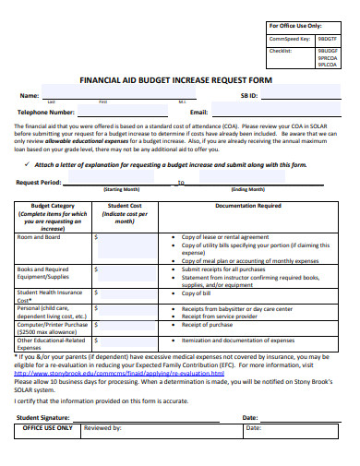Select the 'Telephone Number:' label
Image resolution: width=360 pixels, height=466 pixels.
click(x=46, y=112)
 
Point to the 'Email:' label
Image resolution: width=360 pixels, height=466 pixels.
click(x=198, y=112)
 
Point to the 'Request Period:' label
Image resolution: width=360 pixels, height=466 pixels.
click(x=39, y=183)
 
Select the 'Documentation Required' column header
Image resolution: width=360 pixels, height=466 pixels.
click(x=248, y=207)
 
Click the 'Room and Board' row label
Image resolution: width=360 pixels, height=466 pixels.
click(x=39, y=237)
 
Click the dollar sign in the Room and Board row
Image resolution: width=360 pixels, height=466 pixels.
click(x=97, y=237)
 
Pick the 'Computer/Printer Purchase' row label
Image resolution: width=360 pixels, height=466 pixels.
click(x=53, y=325)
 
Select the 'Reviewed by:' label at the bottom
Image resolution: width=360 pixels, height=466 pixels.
click(x=102, y=428)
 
